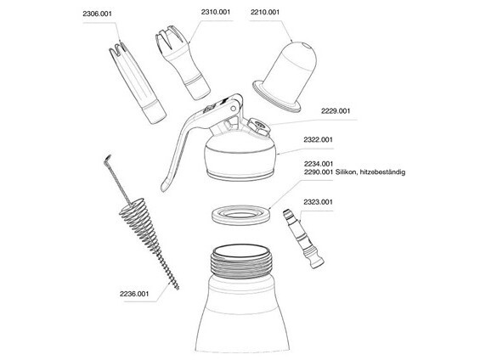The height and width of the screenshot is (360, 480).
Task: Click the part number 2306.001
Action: pyautogui.click(x=97, y=14)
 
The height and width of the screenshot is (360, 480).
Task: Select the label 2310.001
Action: pyautogui.click(x=216, y=12)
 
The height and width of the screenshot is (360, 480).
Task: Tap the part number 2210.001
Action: pyautogui.click(x=265, y=12)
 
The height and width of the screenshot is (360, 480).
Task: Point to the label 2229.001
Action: pyautogui.click(x=336, y=111)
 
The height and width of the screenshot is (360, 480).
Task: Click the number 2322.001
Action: pyautogui.click(x=318, y=140)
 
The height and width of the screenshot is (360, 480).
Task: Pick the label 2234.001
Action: pyautogui.click(x=318, y=164)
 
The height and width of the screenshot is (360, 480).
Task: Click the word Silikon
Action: pyautogui.click(x=346, y=172)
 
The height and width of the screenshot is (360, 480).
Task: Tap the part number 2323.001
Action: pyautogui.click(x=318, y=202)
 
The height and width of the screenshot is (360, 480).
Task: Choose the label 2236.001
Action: pyautogui.click(x=134, y=294)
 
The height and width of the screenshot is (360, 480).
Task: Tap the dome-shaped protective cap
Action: pyautogui.click(x=285, y=76)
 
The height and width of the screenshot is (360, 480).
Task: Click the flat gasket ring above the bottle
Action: pyautogui.click(x=241, y=215)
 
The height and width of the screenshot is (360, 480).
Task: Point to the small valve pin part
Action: pyautogui.click(x=303, y=239)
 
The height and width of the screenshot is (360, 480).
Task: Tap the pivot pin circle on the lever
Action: pyautogui.click(x=234, y=109)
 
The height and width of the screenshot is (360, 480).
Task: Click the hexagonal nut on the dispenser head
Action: pyautogui.click(x=259, y=127)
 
